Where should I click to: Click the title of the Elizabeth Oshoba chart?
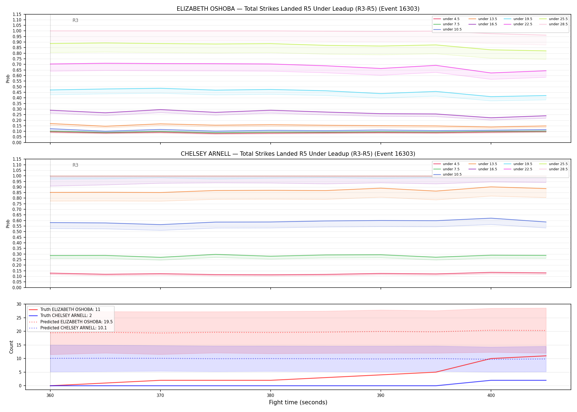coord(298,9)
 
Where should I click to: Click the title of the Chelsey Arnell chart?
coord(298,154)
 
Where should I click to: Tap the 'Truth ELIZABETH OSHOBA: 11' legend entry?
coord(65,310)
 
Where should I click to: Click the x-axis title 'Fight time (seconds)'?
coord(298,402)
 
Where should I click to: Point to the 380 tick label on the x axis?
coord(270,396)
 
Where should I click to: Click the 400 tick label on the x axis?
coord(491,396)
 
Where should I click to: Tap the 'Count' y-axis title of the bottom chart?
coord(11,347)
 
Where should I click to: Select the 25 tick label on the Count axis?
coord(19,318)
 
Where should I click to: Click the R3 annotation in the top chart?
coord(75,20)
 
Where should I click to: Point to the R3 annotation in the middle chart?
coord(75,165)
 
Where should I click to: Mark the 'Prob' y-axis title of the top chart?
coord(8,79)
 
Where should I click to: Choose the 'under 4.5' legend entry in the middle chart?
coord(446,164)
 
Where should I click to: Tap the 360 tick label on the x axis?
coord(50,396)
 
